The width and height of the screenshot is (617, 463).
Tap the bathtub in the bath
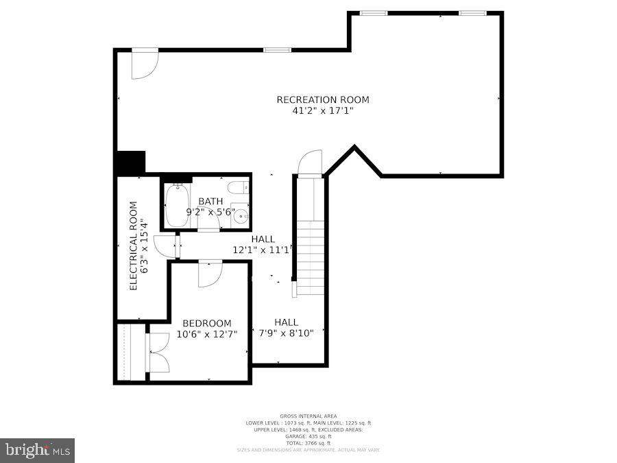click(x=176, y=205)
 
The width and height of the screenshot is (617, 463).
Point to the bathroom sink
click(x=241, y=217)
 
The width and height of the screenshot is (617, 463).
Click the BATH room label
click(x=210, y=201)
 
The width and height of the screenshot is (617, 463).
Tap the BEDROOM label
click(x=206, y=323)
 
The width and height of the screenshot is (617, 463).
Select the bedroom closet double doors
click(x=157, y=353)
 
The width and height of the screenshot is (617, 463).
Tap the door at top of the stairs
click(x=311, y=164)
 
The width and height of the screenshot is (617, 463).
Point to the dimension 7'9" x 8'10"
click(x=286, y=333)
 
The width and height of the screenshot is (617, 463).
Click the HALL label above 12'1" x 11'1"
click(x=263, y=239)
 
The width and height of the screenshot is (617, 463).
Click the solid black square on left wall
click(x=131, y=163)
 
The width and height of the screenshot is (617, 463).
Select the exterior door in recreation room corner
click(x=145, y=63)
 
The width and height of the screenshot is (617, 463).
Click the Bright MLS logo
click(x=38, y=450)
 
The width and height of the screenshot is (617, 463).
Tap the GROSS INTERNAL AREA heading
click(x=308, y=416)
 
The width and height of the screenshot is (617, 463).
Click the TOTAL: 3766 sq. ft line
click(x=308, y=442)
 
